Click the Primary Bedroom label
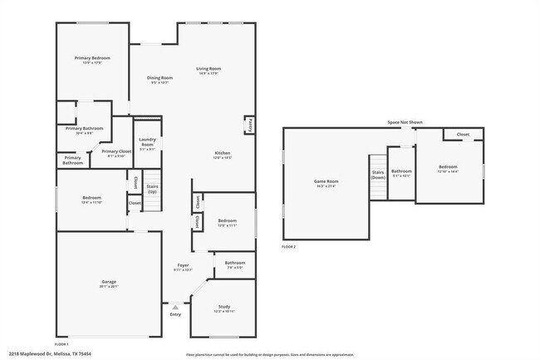92,58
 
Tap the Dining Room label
160,77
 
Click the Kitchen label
223,153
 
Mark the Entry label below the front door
175,314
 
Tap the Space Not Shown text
405,122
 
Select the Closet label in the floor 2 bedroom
463,134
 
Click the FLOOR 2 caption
288,247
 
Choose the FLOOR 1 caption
61,343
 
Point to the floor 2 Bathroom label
401,171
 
